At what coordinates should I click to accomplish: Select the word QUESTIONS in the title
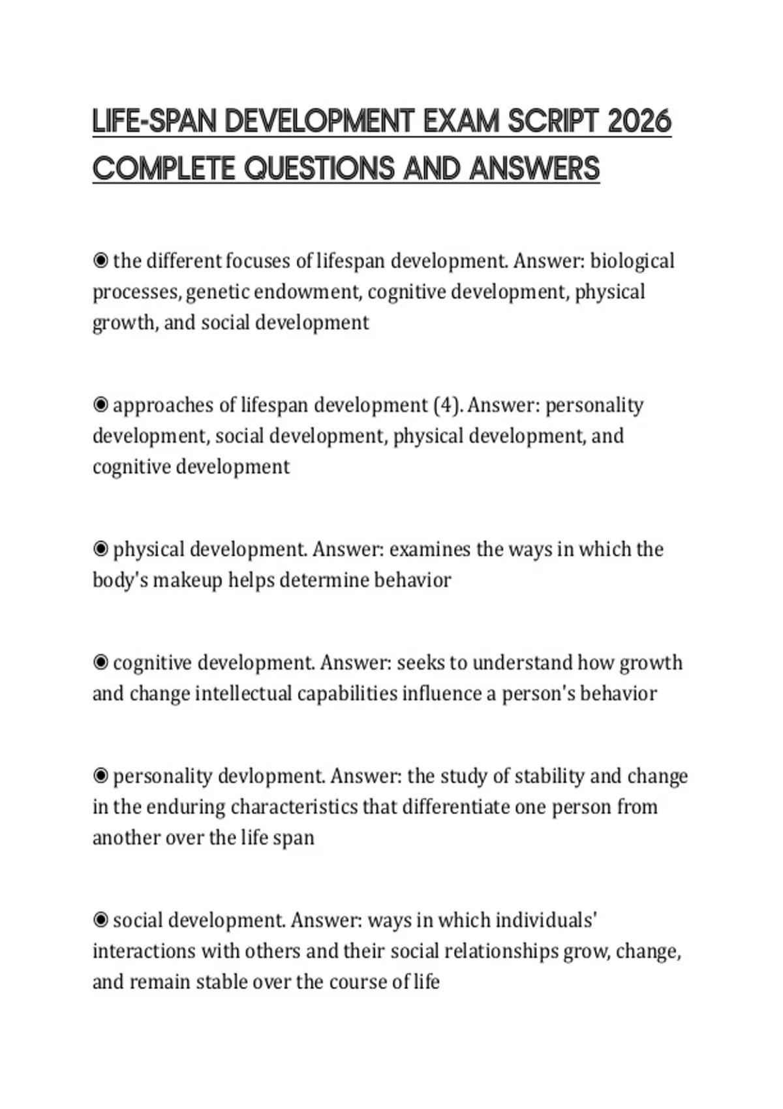tap(320, 169)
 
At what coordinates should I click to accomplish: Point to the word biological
tap(632, 261)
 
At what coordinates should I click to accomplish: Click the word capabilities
tap(346, 693)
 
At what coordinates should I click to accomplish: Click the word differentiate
tap(455, 807)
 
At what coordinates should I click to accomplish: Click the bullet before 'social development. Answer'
tap(100, 920)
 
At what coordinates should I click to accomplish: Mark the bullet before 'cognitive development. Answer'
tap(100, 663)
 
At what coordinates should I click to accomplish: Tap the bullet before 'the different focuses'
tap(100, 261)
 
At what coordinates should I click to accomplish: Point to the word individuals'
tap(547, 920)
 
